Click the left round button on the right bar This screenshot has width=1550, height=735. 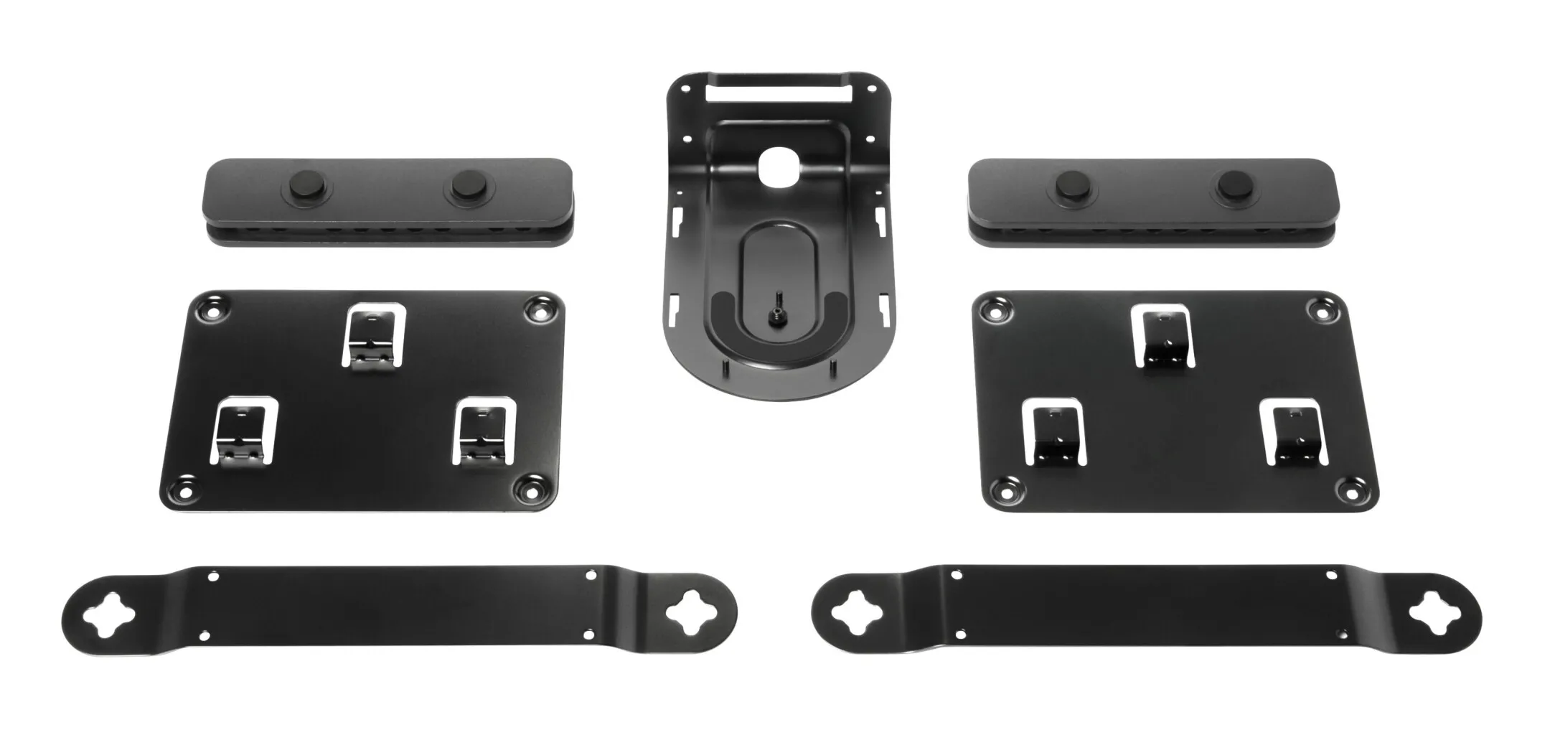[x=1074, y=185]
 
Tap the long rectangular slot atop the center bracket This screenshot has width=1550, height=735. [x=779, y=93]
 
